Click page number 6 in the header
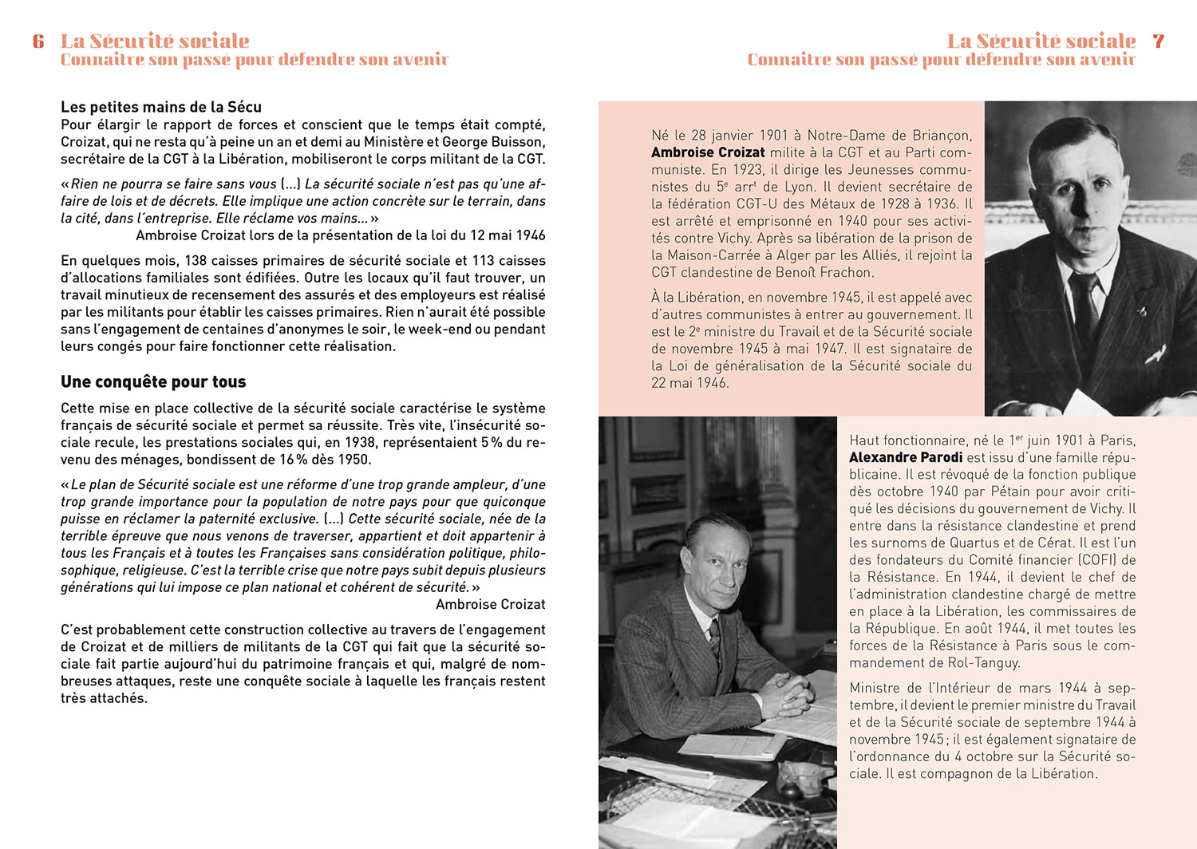coord(38,41)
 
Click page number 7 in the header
coord(1159,41)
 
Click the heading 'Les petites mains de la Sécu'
coord(160,107)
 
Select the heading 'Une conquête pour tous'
coord(153,381)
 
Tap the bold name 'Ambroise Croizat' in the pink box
coord(708,152)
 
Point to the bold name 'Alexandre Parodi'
coord(906,458)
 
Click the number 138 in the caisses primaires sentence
coord(196,261)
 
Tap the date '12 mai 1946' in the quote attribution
coord(507,235)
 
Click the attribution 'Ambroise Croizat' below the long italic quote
coord(490,605)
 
